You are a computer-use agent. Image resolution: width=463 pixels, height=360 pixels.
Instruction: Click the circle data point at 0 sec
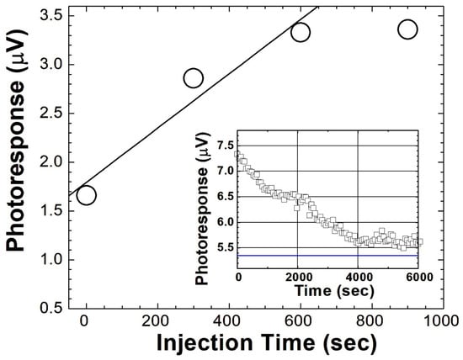click(x=86, y=195)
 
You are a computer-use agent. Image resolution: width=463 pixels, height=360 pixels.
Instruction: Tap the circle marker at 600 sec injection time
click(x=300, y=32)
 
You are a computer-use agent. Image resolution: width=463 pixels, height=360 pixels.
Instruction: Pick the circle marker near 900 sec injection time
click(x=407, y=29)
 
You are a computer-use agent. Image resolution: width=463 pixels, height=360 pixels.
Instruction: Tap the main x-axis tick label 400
click(x=228, y=321)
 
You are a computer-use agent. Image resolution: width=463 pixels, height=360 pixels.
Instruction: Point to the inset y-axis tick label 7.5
click(x=223, y=146)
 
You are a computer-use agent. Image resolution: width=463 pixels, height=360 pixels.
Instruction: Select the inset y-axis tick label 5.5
click(x=223, y=247)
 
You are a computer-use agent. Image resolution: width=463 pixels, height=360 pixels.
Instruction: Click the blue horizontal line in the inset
click(x=328, y=255)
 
